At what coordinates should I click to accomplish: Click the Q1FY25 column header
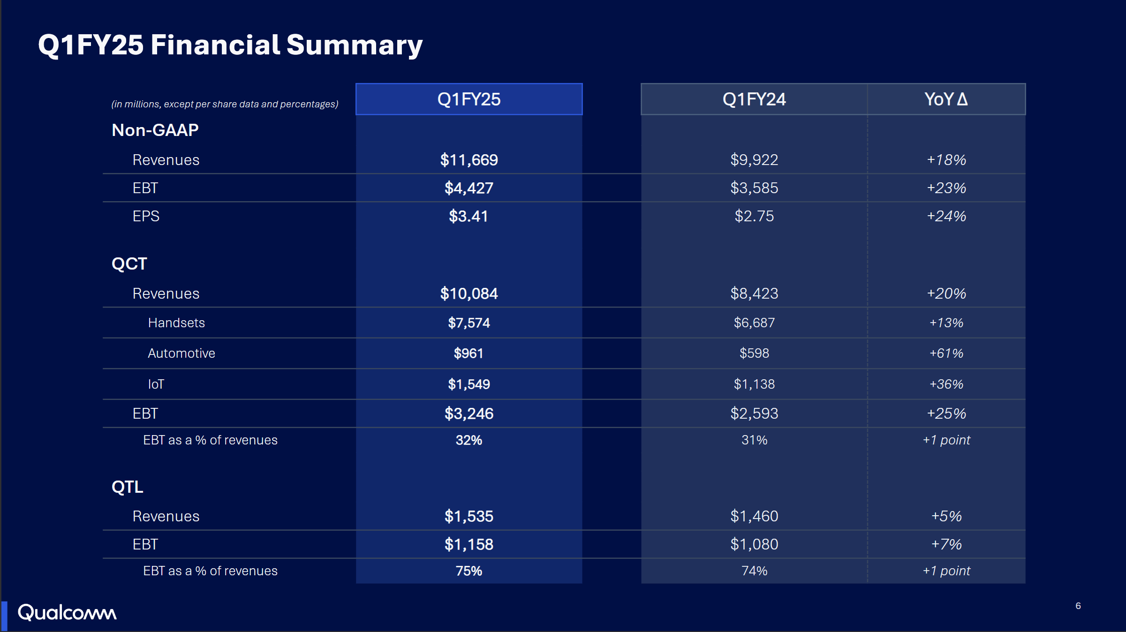click(x=469, y=99)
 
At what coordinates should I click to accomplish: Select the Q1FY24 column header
click(x=754, y=99)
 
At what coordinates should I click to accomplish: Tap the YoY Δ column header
click(x=946, y=99)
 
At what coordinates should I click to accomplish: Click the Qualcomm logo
click(x=67, y=612)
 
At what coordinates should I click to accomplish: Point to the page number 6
click(x=1078, y=606)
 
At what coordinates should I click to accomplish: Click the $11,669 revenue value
click(x=469, y=160)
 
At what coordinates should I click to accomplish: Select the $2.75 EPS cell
click(x=754, y=216)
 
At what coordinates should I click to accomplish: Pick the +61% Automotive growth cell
click(x=946, y=353)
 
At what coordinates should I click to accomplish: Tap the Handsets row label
click(x=176, y=323)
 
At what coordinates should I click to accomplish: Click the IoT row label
click(x=156, y=384)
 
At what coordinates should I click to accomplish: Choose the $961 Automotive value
click(x=469, y=353)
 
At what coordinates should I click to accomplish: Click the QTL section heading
click(x=127, y=487)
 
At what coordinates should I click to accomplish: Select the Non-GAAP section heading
click(x=155, y=130)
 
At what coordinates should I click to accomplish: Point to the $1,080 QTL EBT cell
click(x=754, y=544)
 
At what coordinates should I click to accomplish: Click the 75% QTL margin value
click(x=469, y=571)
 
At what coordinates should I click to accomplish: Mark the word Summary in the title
click(x=354, y=45)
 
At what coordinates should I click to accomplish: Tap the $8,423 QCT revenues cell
click(x=754, y=293)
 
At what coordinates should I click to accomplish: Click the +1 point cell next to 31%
click(x=946, y=440)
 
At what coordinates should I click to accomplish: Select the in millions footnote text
click(x=225, y=104)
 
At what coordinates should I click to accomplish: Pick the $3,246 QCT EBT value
click(x=469, y=414)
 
